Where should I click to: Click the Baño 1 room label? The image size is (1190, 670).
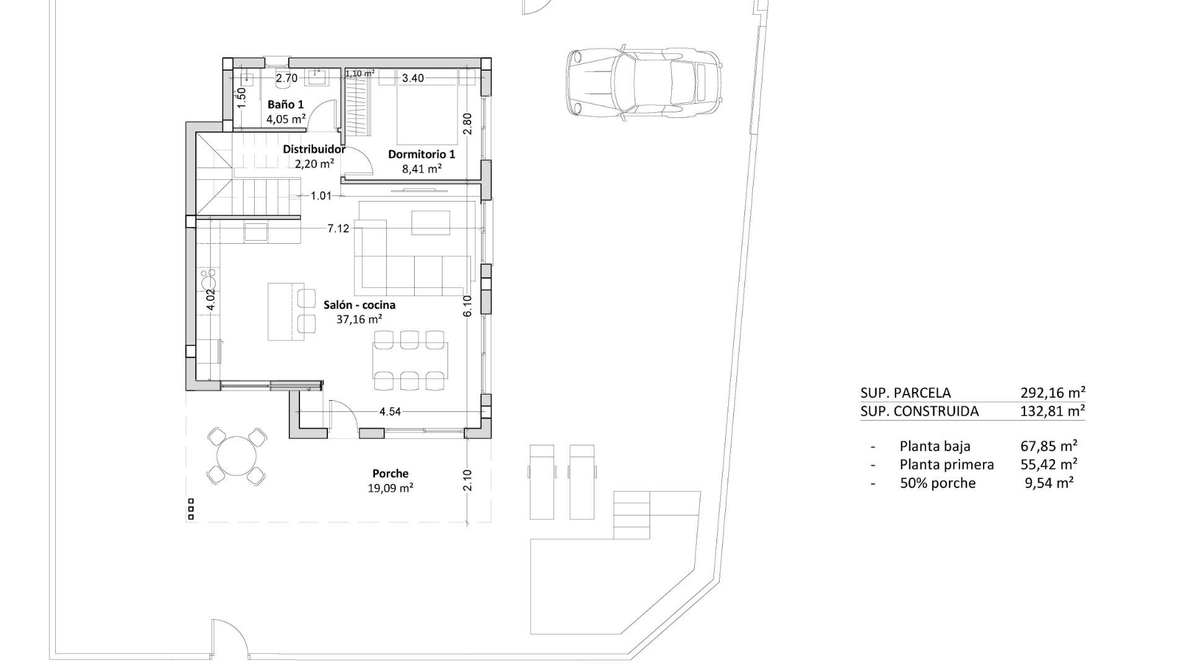click(x=285, y=104)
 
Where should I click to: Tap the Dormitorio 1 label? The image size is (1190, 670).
click(x=421, y=154)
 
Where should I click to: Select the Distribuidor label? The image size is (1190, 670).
click(x=314, y=149)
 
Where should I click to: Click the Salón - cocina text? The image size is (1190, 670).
click(x=359, y=305)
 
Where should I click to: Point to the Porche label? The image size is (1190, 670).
click(x=390, y=473)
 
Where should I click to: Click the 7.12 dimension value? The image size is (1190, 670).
click(x=338, y=228)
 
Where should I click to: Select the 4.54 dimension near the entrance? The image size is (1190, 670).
click(x=390, y=411)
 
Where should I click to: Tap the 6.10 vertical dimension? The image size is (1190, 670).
click(x=467, y=305)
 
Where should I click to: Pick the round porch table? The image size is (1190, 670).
click(x=237, y=455)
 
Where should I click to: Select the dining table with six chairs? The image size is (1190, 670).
click(x=410, y=360)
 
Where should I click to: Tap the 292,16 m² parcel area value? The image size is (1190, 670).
click(x=1052, y=393)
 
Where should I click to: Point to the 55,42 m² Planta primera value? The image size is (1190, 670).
click(x=1049, y=464)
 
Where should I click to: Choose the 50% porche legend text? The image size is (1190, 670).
click(x=937, y=483)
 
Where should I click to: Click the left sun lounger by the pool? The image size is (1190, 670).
click(x=541, y=481)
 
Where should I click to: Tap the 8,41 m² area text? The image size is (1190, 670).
click(x=421, y=168)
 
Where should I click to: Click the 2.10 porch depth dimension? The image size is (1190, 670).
click(x=467, y=480)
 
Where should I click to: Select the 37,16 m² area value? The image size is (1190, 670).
click(x=359, y=319)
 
